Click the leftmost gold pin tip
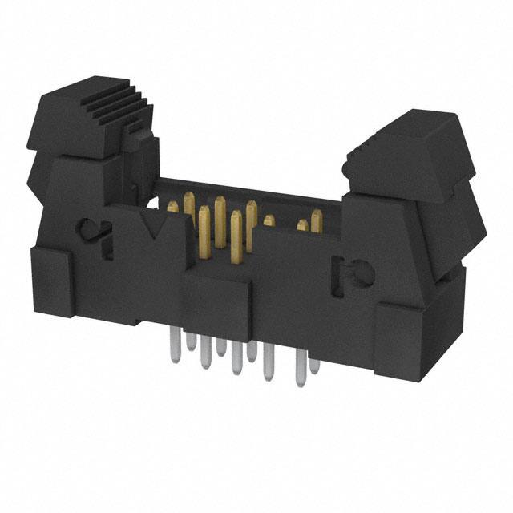click(172, 207)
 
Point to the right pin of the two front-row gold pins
click(235, 236)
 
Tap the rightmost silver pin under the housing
click(314, 365)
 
